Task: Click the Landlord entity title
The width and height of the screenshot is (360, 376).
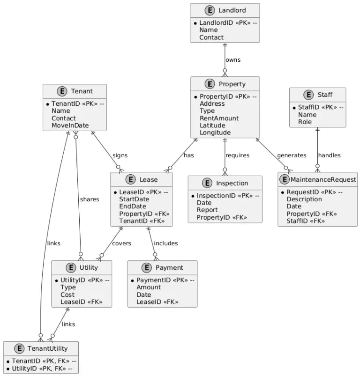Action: tap(232, 10)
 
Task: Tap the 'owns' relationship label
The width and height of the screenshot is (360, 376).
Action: tap(232, 60)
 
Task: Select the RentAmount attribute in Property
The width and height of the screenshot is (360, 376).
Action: tap(219, 118)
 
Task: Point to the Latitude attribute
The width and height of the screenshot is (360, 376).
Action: tap(212, 125)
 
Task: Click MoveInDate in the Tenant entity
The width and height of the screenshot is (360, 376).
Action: tap(70, 125)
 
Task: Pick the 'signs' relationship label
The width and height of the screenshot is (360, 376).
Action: tap(120, 155)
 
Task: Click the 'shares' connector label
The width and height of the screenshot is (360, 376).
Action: tap(89, 199)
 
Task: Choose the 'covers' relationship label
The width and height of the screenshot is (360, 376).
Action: tap(121, 243)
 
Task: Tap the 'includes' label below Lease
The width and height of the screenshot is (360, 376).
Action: tap(166, 243)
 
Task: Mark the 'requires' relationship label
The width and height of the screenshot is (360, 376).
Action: tap(237, 155)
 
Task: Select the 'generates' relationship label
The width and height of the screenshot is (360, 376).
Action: tap(292, 155)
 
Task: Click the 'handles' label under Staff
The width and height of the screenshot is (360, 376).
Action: tap(329, 155)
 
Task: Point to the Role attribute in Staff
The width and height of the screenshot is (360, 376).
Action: tap(306, 122)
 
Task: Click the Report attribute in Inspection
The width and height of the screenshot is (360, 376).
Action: tap(207, 210)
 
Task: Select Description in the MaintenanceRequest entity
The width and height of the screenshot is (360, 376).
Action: tap(304, 199)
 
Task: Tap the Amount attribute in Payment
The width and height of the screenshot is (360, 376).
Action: tap(148, 288)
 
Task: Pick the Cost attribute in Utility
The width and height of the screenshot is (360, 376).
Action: tap(67, 295)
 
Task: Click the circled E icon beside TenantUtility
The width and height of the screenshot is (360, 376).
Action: tap(19, 348)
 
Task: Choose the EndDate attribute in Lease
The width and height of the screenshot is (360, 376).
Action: tap(132, 206)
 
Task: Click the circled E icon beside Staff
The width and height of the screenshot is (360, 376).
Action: tap(308, 95)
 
